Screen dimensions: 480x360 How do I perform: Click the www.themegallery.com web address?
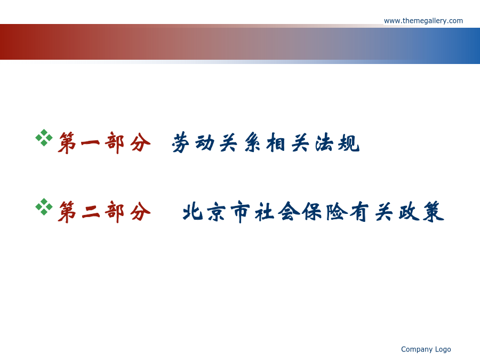[423, 21]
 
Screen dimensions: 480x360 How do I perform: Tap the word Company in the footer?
[417, 349]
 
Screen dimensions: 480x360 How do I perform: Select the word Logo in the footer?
[443, 349]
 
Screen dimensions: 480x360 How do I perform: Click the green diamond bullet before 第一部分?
[44, 138]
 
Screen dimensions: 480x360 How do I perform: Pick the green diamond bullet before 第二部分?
[44, 206]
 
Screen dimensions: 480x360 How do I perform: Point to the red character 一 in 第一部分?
[90, 142]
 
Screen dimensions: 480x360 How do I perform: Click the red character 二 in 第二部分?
[91, 212]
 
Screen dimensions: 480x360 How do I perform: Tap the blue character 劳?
[181, 142]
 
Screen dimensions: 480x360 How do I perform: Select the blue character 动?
[204, 142]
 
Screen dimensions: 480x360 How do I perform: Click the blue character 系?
[252, 142]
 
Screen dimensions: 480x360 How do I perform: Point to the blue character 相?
[276, 142]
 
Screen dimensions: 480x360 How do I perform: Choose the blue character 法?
[324, 142]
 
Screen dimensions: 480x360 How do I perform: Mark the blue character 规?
[349, 142]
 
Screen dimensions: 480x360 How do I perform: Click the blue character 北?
[193, 212]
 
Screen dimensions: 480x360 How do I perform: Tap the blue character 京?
[217, 212]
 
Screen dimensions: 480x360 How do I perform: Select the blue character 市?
[241, 212]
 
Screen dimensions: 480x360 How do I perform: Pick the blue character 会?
[289, 211]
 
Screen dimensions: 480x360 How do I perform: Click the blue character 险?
[337, 212]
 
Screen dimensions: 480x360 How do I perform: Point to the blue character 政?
[409, 212]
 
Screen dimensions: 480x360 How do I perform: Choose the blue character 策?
[434, 212]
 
